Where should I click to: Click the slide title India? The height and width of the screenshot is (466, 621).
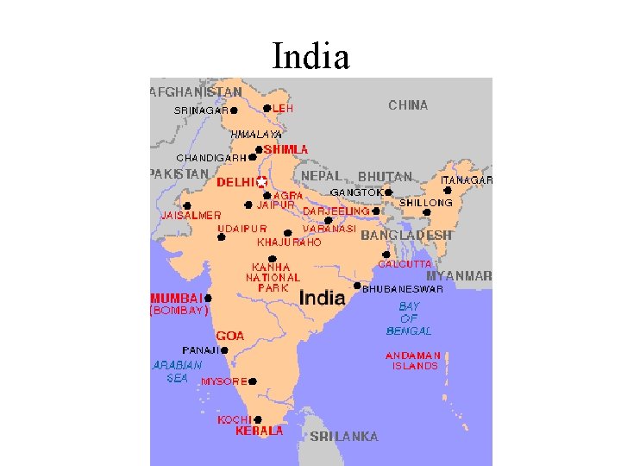point(310,57)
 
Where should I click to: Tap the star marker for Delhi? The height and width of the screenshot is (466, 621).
point(261,182)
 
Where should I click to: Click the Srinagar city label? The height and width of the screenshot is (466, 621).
point(201,110)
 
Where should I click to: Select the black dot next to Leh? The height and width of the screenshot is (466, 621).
point(267,109)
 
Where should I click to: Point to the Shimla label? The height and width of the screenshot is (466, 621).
point(285,149)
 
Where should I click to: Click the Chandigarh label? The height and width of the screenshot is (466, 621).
point(210,158)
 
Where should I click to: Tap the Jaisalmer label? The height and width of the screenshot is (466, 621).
point(191,215)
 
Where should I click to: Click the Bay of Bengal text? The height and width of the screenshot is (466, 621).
point(409,318)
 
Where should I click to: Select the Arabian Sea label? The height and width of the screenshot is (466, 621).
point(177,371)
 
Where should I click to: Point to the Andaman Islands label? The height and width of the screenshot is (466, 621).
point(414,361)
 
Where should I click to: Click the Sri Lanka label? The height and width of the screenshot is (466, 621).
point(344,437)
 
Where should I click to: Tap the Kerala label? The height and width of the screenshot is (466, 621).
point(260,431)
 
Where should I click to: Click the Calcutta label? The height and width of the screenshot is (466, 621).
point(405,263)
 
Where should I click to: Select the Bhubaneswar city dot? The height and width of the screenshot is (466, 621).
point(357,285)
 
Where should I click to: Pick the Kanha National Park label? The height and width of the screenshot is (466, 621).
point(273,277)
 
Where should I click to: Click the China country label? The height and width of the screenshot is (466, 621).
point(408,105)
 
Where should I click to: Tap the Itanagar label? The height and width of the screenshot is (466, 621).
point(466,179)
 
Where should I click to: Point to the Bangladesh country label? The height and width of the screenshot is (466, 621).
point(406,235)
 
